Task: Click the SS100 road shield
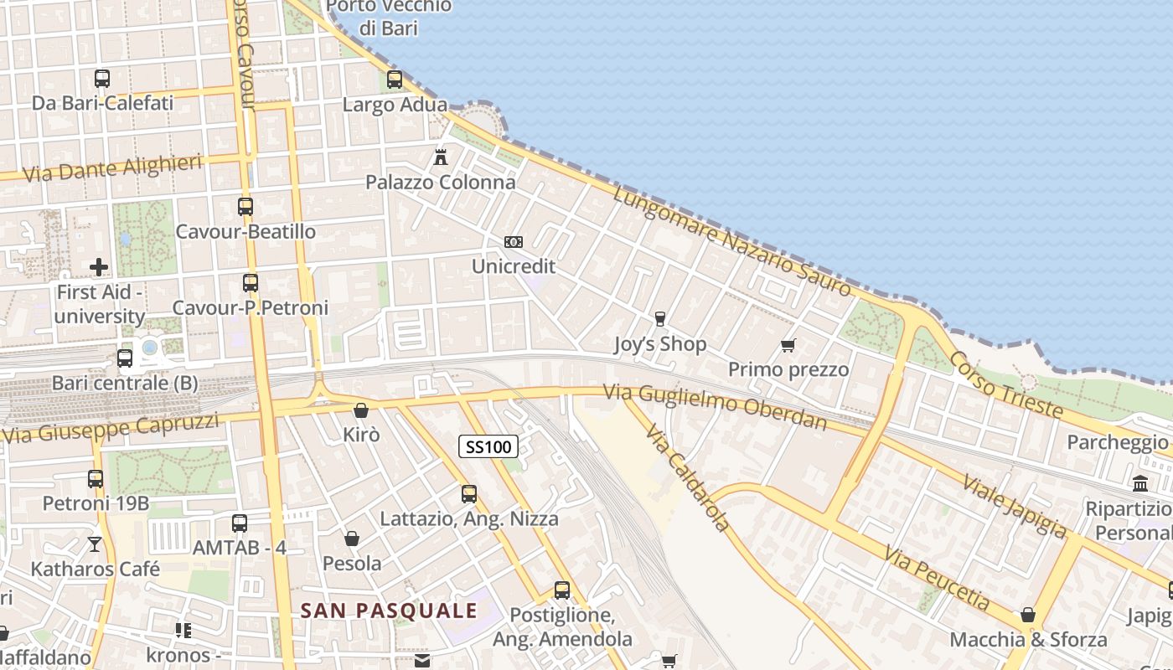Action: pos(488,446)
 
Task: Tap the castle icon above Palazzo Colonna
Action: pos(441,157)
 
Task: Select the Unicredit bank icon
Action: pos(514,242)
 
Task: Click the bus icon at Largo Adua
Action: pos(395,80)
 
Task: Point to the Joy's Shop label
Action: pos(660,344)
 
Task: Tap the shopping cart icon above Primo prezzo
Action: pos(788,345)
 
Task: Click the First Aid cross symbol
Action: pos(99,267)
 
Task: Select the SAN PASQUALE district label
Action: pos(389,611)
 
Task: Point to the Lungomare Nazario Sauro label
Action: pos(732,241)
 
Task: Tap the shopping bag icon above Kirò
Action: pos(361,410)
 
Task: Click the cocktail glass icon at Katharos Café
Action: pos(95,544)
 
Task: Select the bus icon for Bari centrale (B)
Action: pos(125,358)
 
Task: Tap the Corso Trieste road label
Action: pos(1005,384)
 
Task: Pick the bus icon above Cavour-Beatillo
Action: pos(245,206)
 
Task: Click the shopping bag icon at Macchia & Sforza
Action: pos(1028,616)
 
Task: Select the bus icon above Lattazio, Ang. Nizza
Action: pos(469,494)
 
